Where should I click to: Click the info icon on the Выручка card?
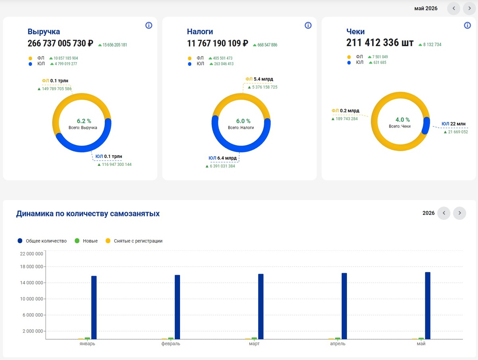click(149, 25)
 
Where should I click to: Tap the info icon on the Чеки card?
click(467, 25)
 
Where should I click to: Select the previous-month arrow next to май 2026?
click(454, 8)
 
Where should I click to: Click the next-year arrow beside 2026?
click(460, 213)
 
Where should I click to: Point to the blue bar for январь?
click(94, 307)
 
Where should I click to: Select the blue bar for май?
click(428, 305)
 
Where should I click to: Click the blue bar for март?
click(261, 307)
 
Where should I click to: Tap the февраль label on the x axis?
click(171, 344)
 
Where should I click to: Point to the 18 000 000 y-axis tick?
click(31, 267)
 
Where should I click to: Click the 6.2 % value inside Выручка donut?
click(84, 121)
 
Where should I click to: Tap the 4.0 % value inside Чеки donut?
click(403, 120)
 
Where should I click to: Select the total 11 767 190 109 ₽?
click(217, 43)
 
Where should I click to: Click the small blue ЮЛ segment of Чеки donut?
click(426, 126)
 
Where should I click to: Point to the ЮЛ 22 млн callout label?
click(453, 124)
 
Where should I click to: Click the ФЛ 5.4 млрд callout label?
click(259, 79)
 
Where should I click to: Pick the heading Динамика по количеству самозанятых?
click(88, 214)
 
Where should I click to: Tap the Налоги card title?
click(200, 31)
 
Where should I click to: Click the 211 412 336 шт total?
click(380, 43)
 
